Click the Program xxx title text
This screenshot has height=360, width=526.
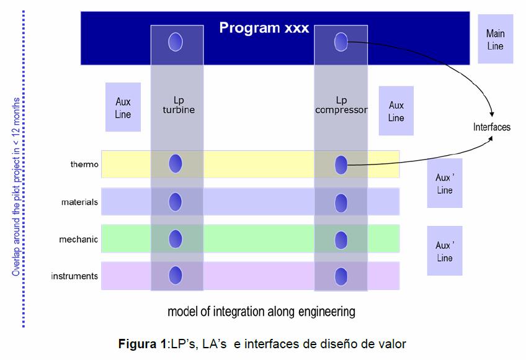pos(264,28)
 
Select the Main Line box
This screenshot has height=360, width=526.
pos(496,39)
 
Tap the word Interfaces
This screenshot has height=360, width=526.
pos(492,127)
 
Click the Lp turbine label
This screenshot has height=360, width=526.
pos(179,105)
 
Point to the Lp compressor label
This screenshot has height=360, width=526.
pos(341,105)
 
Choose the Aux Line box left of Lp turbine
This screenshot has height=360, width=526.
pos(123,107)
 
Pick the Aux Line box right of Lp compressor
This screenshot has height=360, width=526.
pos(396,111)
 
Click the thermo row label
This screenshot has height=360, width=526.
pos(84,164)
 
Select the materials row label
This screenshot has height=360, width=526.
pos(79,202)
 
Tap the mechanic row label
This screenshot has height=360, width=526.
pos(79,239)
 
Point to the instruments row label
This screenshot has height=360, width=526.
pos(74,276)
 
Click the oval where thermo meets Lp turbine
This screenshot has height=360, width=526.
pos(176,163)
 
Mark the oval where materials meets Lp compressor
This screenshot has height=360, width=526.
pos(341,203)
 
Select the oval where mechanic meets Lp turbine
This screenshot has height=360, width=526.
pos(176,239)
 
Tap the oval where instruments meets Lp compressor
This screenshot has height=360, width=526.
pos(341,276)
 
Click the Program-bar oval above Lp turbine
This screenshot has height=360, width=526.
pos(176,42)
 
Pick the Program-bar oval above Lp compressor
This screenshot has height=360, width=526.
pos(341,42)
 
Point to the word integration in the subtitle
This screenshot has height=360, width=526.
pos(237,312)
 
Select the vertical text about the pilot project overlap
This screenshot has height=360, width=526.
pos(16,187)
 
